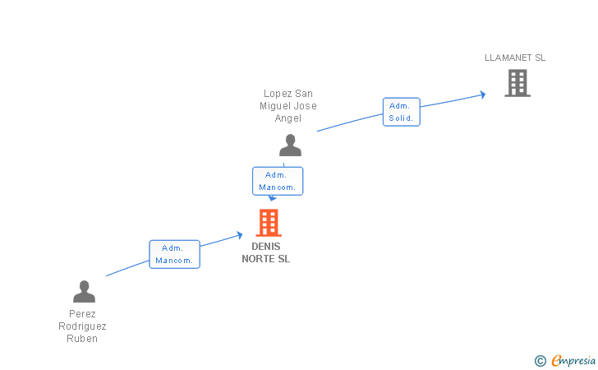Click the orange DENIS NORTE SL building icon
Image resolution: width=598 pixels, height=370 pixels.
tap(269, 223)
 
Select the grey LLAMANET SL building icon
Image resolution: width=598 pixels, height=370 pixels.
tap(517, 83)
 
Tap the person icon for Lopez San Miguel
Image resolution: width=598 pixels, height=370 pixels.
tap(290, 146)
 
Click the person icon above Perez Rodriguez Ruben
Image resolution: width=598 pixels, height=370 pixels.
tap(84, 292)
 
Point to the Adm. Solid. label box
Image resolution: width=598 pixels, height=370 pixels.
tap(401, 112)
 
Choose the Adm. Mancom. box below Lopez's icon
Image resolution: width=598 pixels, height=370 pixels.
tap(278, 181)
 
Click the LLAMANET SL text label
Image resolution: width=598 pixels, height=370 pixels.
tap(515, 58)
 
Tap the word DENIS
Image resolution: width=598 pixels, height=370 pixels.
tap(265, 247)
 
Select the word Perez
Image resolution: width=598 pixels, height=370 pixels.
tap(82, 314)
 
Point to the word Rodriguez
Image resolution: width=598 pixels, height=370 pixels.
tap(82, 326)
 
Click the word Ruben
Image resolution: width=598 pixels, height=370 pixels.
tap(82, 339)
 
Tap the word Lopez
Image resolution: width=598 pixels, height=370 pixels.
tap(277, 94)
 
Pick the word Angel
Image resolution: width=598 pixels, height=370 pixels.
tap(288, 118)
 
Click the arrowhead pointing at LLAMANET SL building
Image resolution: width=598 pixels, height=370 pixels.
tap(482, 95)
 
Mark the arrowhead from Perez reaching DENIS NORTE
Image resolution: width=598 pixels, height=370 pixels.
tap(239, 235)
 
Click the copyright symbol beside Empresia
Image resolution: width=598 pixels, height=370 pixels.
tap(540, 360)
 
